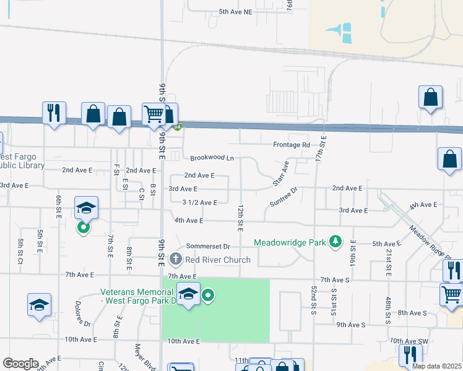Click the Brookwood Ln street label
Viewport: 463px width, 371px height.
(212, 158)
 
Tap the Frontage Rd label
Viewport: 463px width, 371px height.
(292, 145)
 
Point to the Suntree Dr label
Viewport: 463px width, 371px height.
(284, 196)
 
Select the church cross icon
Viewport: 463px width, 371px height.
(176, 259)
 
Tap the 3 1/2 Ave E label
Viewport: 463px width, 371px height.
(199, 202)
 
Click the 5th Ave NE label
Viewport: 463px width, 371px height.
(236, 12)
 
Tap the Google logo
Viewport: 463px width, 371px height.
(20, 364)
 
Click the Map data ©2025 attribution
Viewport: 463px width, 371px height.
(436, 366)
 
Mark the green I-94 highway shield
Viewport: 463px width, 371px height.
(178, 127)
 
